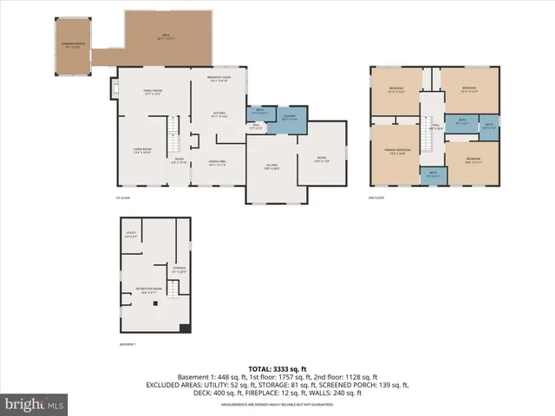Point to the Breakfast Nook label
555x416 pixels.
219,78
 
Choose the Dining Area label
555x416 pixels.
217,162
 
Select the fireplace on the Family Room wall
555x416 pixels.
114,88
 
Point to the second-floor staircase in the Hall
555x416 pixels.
427,137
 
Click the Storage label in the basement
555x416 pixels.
179,270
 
